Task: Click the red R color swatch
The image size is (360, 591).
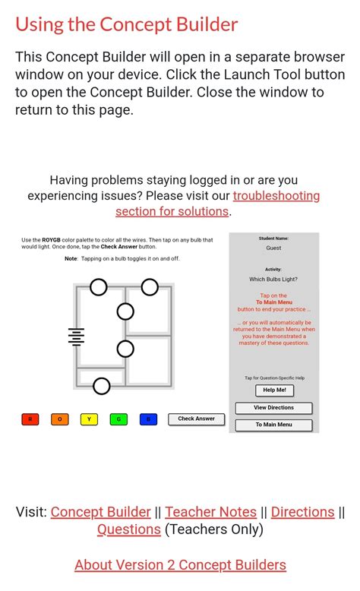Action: [30, 419]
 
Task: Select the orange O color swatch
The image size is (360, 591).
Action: [60, 419]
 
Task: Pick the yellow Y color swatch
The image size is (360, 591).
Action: [89, 419]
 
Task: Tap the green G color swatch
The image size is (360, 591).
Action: [118, 419]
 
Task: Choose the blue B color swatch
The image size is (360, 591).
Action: [148, 419]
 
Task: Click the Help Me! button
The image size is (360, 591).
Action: [274, 390]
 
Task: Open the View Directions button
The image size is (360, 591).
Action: [273, 408]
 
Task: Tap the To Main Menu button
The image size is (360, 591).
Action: [273, 425]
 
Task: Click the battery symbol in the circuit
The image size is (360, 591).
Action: [76, 337]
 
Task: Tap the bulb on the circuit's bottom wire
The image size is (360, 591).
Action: [101, 387]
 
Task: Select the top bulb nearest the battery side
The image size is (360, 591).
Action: [99, 287]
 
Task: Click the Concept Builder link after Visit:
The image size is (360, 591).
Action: [100, 512]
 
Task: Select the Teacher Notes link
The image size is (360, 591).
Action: [210, 512]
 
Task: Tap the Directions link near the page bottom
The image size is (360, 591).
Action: [302, 512]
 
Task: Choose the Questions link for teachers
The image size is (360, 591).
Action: [128, 529]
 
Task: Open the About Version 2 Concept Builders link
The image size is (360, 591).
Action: [180, 565]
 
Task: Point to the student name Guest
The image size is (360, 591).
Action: [273, 248]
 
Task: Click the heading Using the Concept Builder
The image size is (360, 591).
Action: [127, 24]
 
